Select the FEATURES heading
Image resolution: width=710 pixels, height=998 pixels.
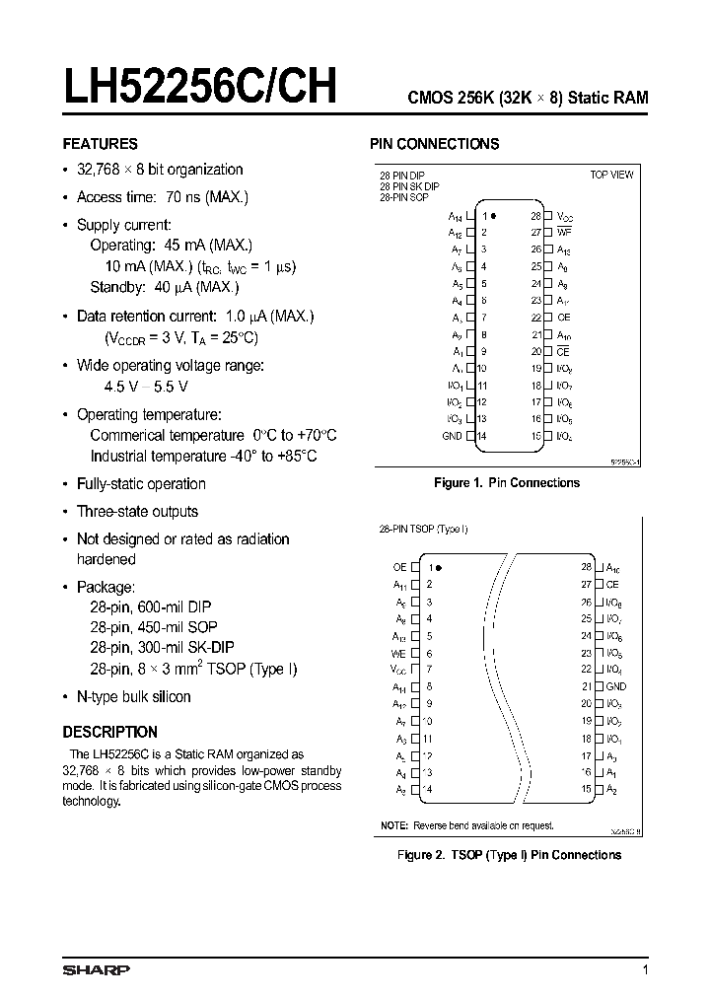coord(100,144)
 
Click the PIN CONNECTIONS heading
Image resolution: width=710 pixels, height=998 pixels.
coord(434,144)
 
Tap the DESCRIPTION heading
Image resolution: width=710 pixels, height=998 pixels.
coord(109,732)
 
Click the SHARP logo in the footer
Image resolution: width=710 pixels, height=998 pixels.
coord(96,970)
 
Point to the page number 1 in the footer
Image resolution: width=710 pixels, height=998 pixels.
coord(645,970)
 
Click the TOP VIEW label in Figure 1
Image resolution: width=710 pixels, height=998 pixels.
coord(611,175)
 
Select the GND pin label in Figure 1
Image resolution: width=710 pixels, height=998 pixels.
coord(452,436)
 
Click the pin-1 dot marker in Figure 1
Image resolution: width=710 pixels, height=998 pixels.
coord(493,215)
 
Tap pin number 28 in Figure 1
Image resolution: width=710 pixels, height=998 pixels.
coord(535,215)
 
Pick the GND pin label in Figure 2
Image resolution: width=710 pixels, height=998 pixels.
coord(616,686)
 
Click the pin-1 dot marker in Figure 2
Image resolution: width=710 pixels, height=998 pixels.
coord(439,567)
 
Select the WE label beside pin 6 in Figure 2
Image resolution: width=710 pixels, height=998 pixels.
coord(398,653)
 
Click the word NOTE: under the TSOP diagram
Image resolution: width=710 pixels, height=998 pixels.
coord(393,824)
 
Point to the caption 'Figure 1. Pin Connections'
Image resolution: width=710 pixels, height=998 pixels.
coord(507,483)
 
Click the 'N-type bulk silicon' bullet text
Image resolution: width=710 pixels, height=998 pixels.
coord(133,696)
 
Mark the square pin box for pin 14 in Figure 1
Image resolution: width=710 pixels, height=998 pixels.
coord(470,436)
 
